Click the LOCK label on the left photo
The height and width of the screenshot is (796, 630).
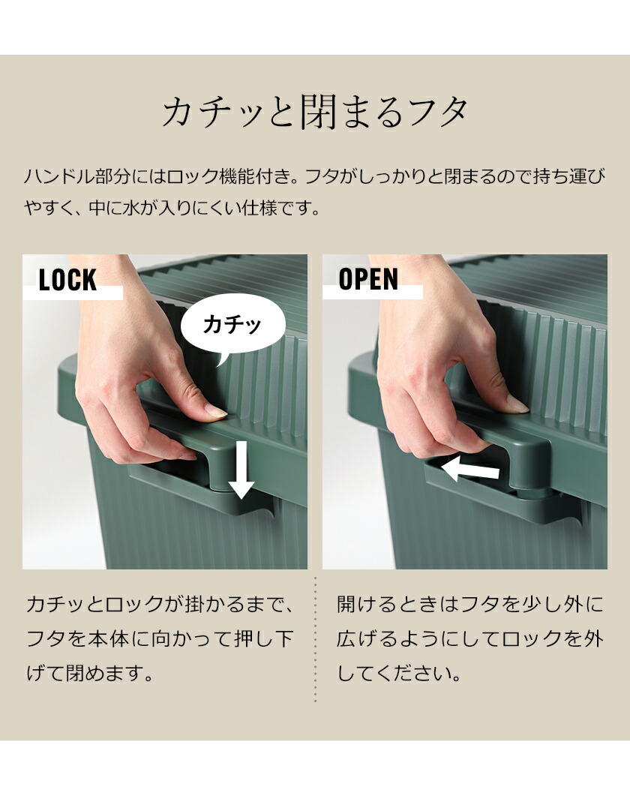pyautogui.click(x=67, y=280)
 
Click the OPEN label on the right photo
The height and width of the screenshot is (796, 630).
pyautogui.click(x=368, y=279)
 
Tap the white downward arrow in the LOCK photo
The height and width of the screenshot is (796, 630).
pyautogui.click(x=241, y=470)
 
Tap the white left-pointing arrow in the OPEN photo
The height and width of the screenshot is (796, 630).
pyautogui.click(x=470, y=470)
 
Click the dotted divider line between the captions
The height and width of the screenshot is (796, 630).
pyautogui.click(x=315, y=640)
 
